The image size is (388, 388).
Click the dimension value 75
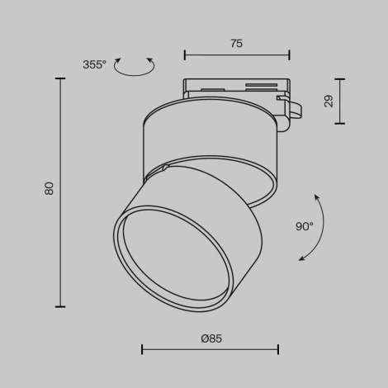pyautogui.click(x=236, y=45)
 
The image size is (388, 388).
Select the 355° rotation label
pyautogui.click(x=94, y=64)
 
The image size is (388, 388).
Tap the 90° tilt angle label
pyautogui.click(x=305, y=226)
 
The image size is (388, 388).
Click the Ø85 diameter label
pyautogui.click(x=211, y=338)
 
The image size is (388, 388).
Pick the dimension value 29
pyautogui.click(x=328, y=101)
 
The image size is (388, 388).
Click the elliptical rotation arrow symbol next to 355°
pyautogui.click(x=135, y=68)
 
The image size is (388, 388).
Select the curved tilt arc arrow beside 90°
pyautogui.click(x=317, y=228)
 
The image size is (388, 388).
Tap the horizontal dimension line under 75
pyautogui.click(x=236, y=55)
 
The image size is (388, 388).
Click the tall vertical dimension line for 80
pyautogui.click(x=60, y=192)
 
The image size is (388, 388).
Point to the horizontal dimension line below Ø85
pyautogui.click(x=210, y=350)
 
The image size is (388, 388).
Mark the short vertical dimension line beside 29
pyautogui.click(x=339, y=101)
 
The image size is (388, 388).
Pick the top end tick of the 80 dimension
pyautogui.click(x=60, y=78)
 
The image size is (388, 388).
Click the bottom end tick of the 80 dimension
pyautogui.click(x=60, y=306)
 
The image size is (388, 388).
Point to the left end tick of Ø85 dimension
pyautogui.click(x=142, y=350)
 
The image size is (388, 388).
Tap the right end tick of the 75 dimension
pyautogui.click(x=290, y=55)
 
